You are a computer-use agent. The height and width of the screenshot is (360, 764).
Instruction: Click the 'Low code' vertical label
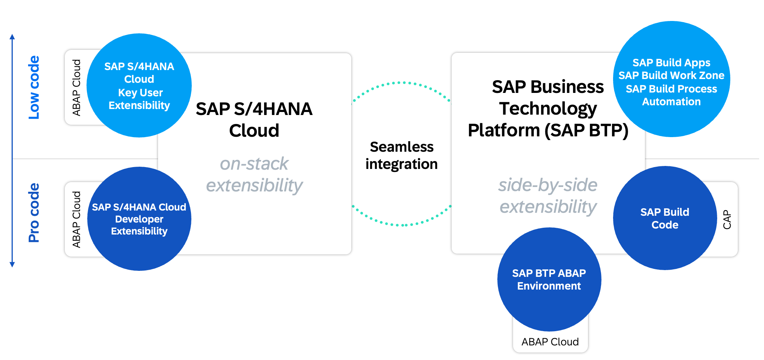click(34, 88)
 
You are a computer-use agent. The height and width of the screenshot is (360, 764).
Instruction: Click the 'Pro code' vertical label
click(34, 213)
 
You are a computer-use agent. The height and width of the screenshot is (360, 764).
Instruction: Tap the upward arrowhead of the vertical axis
click(12, 37)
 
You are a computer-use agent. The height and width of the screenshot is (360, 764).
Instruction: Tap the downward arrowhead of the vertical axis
click(12, 264)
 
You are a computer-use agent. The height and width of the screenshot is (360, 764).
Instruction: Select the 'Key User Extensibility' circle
click(139, 85)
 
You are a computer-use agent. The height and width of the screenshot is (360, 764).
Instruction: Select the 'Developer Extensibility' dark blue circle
click(139, 219)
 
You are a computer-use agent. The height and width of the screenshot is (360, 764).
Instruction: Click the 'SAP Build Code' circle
click(665, 218)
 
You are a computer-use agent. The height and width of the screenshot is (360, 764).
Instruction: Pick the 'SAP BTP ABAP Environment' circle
click(549, 279)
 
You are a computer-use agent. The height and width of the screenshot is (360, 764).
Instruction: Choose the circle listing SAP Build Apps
click(671, 79)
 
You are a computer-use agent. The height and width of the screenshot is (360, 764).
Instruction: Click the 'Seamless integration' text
click(401, 155)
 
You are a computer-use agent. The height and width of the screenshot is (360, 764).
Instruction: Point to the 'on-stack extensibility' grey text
click(254, 175)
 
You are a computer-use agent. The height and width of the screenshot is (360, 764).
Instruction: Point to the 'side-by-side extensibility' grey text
click(548, 196)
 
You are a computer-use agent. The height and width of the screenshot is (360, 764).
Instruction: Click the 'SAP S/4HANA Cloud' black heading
click(254, 120)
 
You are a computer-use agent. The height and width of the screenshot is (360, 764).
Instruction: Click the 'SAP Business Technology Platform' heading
click(548, 109)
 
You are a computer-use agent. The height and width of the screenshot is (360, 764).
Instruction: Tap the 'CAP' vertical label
click(727, 220)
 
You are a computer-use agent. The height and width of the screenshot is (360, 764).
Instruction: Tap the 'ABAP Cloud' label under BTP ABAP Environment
click(550, 342)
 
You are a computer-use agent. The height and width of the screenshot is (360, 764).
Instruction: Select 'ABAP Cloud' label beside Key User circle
click(76, 88)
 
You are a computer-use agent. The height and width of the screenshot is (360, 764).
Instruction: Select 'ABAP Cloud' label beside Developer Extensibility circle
click(76, 220)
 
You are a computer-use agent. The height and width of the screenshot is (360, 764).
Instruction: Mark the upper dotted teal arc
click(401, 83)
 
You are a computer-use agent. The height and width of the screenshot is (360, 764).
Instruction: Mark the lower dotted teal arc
click(401, 225)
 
